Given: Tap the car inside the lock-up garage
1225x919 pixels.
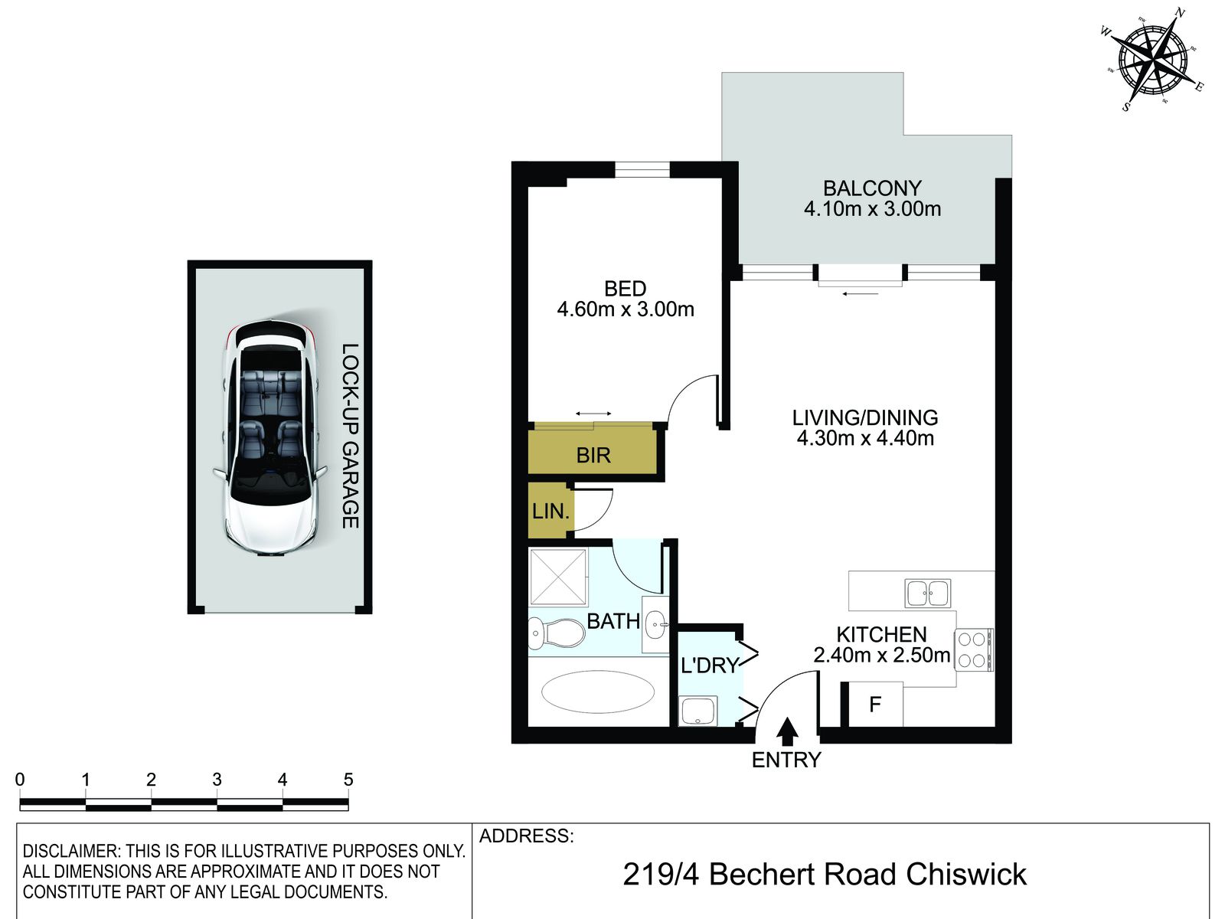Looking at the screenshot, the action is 271,439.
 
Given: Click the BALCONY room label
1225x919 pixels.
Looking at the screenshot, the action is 872,188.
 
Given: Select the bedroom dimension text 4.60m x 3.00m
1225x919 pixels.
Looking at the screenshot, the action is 626,309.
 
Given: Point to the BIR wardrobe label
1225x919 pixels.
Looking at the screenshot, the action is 593,456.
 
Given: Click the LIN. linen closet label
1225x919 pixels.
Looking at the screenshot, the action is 550,511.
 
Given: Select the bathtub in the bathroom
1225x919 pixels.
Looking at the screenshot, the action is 598,692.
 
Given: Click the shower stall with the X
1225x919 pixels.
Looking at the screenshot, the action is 558,577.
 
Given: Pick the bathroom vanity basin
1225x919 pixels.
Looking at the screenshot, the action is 655,624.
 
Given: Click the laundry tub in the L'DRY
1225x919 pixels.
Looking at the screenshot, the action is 697,711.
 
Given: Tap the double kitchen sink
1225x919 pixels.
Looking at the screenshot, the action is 927,593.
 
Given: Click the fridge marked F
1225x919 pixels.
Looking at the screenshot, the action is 875,704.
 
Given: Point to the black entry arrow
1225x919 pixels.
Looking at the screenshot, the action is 788,731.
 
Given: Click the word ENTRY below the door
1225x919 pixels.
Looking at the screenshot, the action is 786,760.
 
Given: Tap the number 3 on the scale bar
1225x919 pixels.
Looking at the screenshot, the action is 217,780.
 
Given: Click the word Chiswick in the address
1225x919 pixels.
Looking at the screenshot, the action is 966,875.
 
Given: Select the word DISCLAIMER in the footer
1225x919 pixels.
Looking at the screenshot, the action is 71,851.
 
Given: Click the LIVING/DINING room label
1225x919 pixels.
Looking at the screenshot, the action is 865,417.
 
